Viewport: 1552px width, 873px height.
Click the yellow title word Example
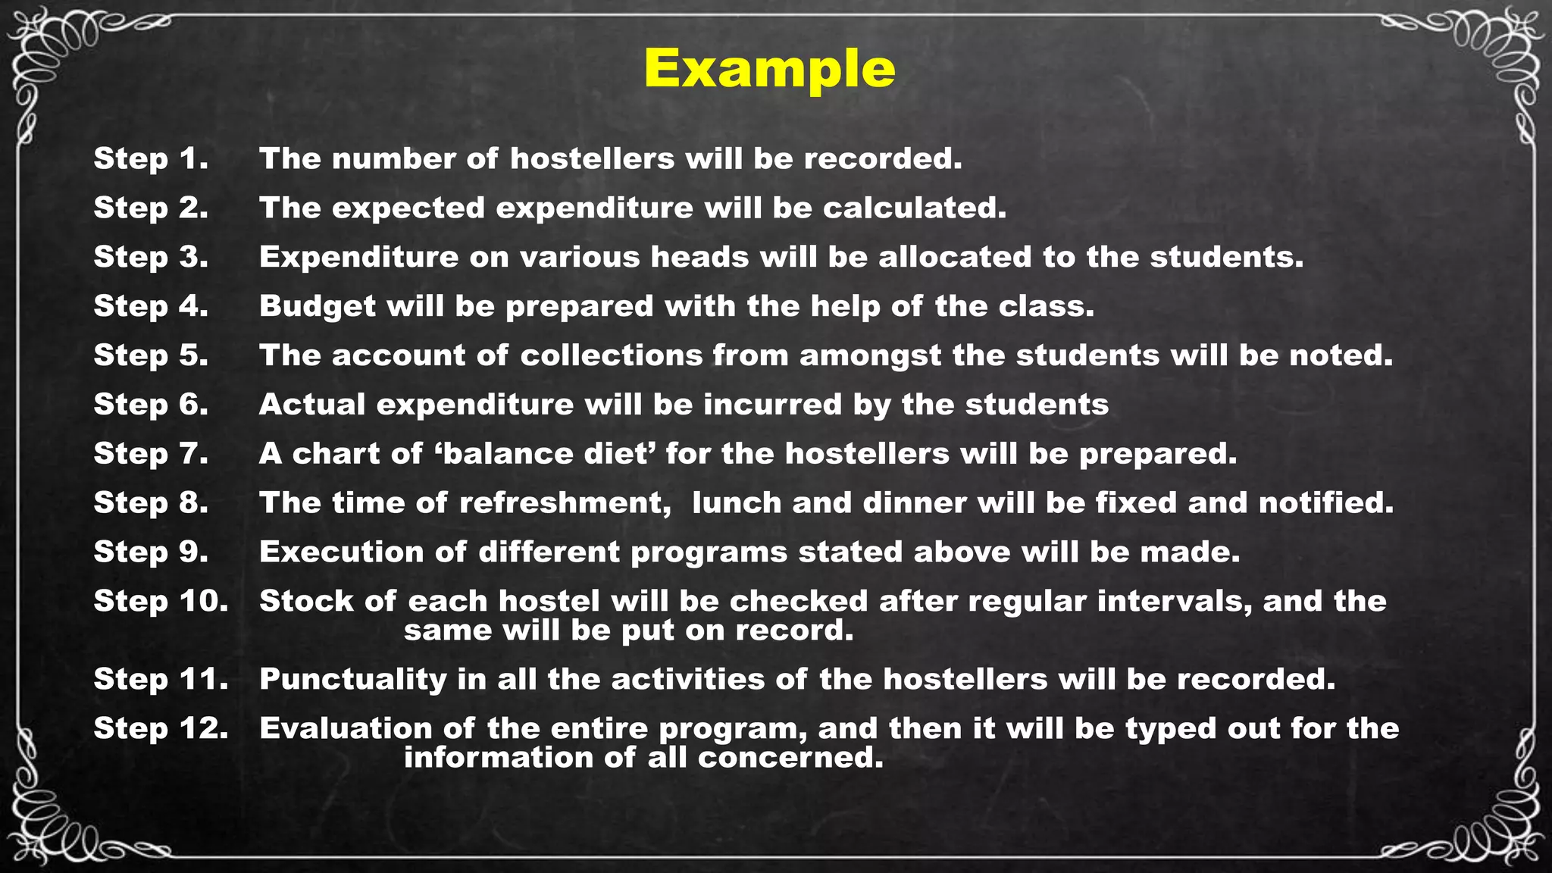[x=769, y=69]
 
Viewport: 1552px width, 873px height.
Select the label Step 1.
[x=151, y=159]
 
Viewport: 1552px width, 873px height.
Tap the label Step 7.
[x=151, y=454]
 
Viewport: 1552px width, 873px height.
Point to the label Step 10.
[x=161, y=601]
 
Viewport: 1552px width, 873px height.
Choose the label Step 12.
[x=161, y=728]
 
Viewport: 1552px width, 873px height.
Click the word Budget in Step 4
[x=318, y=307]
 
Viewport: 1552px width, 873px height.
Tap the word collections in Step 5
[x=612, y=355]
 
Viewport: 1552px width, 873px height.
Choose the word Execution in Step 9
[x=341, y=552]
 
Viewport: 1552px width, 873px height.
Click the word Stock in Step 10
[x=306, y=601]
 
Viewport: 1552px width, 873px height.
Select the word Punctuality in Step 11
[x=353, y=680]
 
